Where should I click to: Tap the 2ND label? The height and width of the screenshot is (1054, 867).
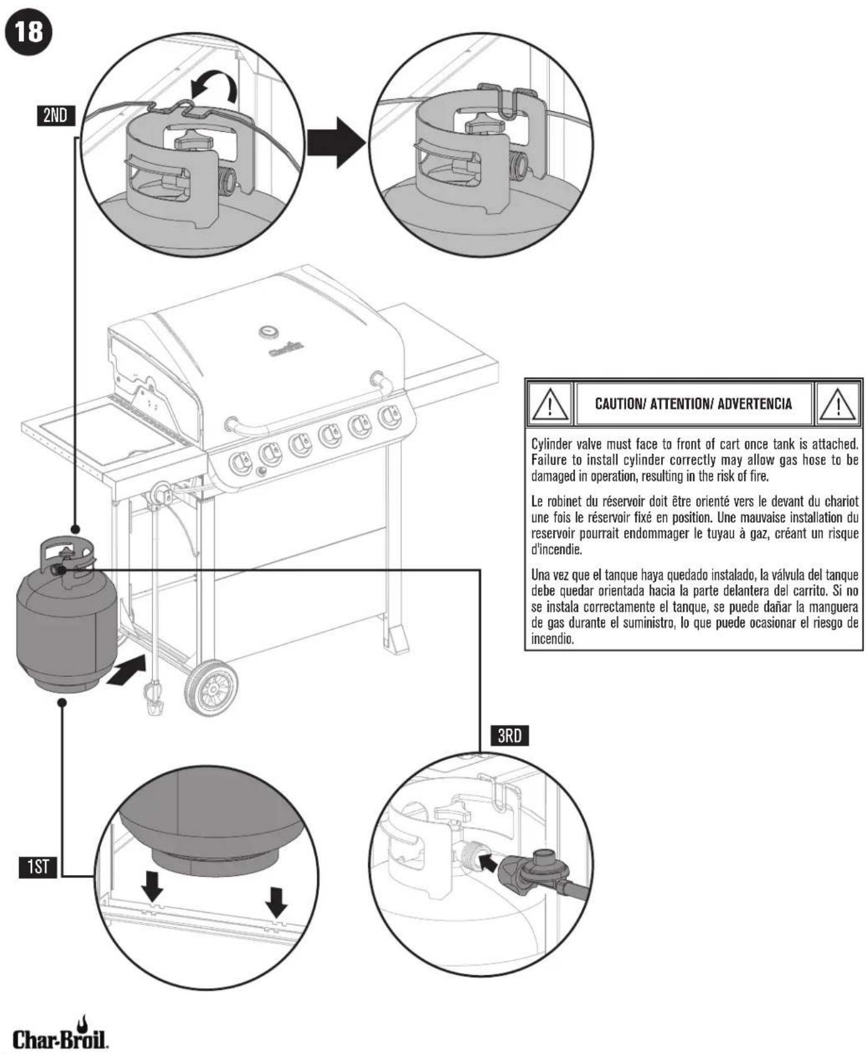(56, 116)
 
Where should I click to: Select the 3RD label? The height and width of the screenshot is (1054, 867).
(509, 736)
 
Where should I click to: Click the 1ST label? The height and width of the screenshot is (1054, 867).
(38, 868)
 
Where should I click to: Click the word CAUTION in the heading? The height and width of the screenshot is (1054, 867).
(619, 404)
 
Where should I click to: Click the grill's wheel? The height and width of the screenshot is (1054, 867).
(212, 688)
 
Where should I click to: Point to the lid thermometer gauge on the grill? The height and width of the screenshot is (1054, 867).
(269, 331)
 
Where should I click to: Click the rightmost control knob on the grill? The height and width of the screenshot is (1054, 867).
(389, 416)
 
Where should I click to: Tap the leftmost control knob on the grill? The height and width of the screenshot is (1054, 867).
(240, 463)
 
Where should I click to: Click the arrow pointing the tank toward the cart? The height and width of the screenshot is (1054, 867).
(129, 672)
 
